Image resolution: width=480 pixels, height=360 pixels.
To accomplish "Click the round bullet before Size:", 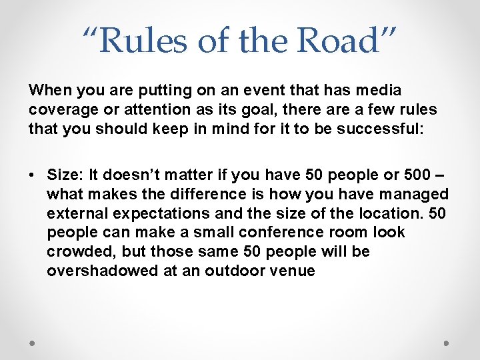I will click(x=32, y=175).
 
